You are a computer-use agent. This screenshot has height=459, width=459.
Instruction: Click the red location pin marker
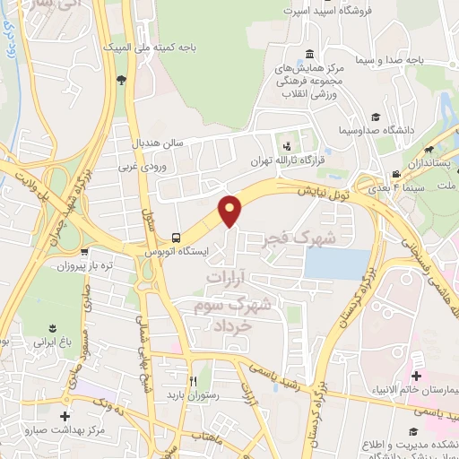pos(231,210)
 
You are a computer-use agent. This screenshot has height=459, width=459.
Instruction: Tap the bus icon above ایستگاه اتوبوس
pos(176,238)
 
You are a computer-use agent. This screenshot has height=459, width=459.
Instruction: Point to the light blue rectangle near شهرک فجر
pos(336,263)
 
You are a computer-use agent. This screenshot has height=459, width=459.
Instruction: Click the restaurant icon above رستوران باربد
pos(191,380)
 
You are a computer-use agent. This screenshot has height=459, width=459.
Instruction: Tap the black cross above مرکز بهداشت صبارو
pos(64,416)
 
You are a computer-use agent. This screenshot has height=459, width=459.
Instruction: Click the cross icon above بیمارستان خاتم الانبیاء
pos(415,374)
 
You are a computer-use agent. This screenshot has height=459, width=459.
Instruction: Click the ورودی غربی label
pos(142,167)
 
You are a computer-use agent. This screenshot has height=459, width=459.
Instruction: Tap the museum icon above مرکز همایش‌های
pos(308,53)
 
